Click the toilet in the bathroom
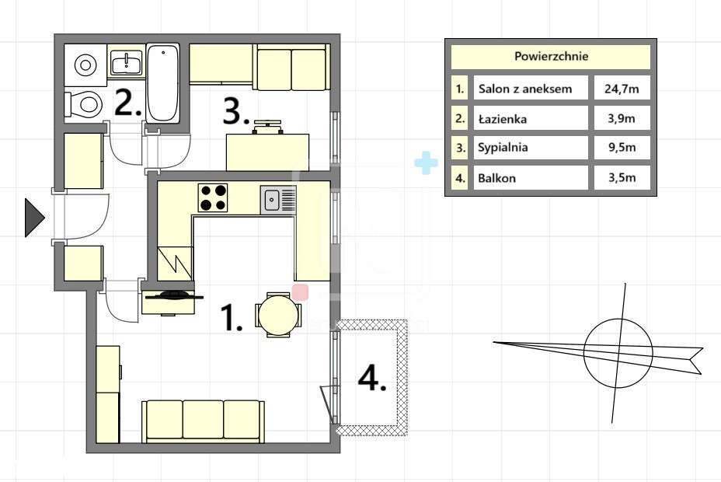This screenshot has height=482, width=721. [83, 103]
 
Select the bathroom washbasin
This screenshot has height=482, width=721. [127, 62]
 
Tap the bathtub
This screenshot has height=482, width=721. [163, 83]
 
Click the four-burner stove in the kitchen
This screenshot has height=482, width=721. [213, 197]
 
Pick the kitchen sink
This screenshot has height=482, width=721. [279, 200]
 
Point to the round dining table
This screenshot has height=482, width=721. [279, 315]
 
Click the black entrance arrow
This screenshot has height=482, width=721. [34, 218]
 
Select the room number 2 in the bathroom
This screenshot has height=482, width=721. [128, 103]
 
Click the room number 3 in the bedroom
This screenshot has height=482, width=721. [236, 111]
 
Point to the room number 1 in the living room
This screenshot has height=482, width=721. [231, 317]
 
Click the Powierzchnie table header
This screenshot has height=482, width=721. [551, 56]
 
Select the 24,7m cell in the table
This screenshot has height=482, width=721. [622, 89]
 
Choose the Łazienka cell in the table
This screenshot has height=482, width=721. [531, 118]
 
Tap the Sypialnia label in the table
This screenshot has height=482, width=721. [503, 148]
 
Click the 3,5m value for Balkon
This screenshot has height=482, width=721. [622, 177]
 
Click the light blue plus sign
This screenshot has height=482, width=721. [426, 162]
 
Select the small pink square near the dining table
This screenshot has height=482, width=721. [300, 292]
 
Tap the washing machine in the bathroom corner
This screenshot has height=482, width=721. [85, 65]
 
